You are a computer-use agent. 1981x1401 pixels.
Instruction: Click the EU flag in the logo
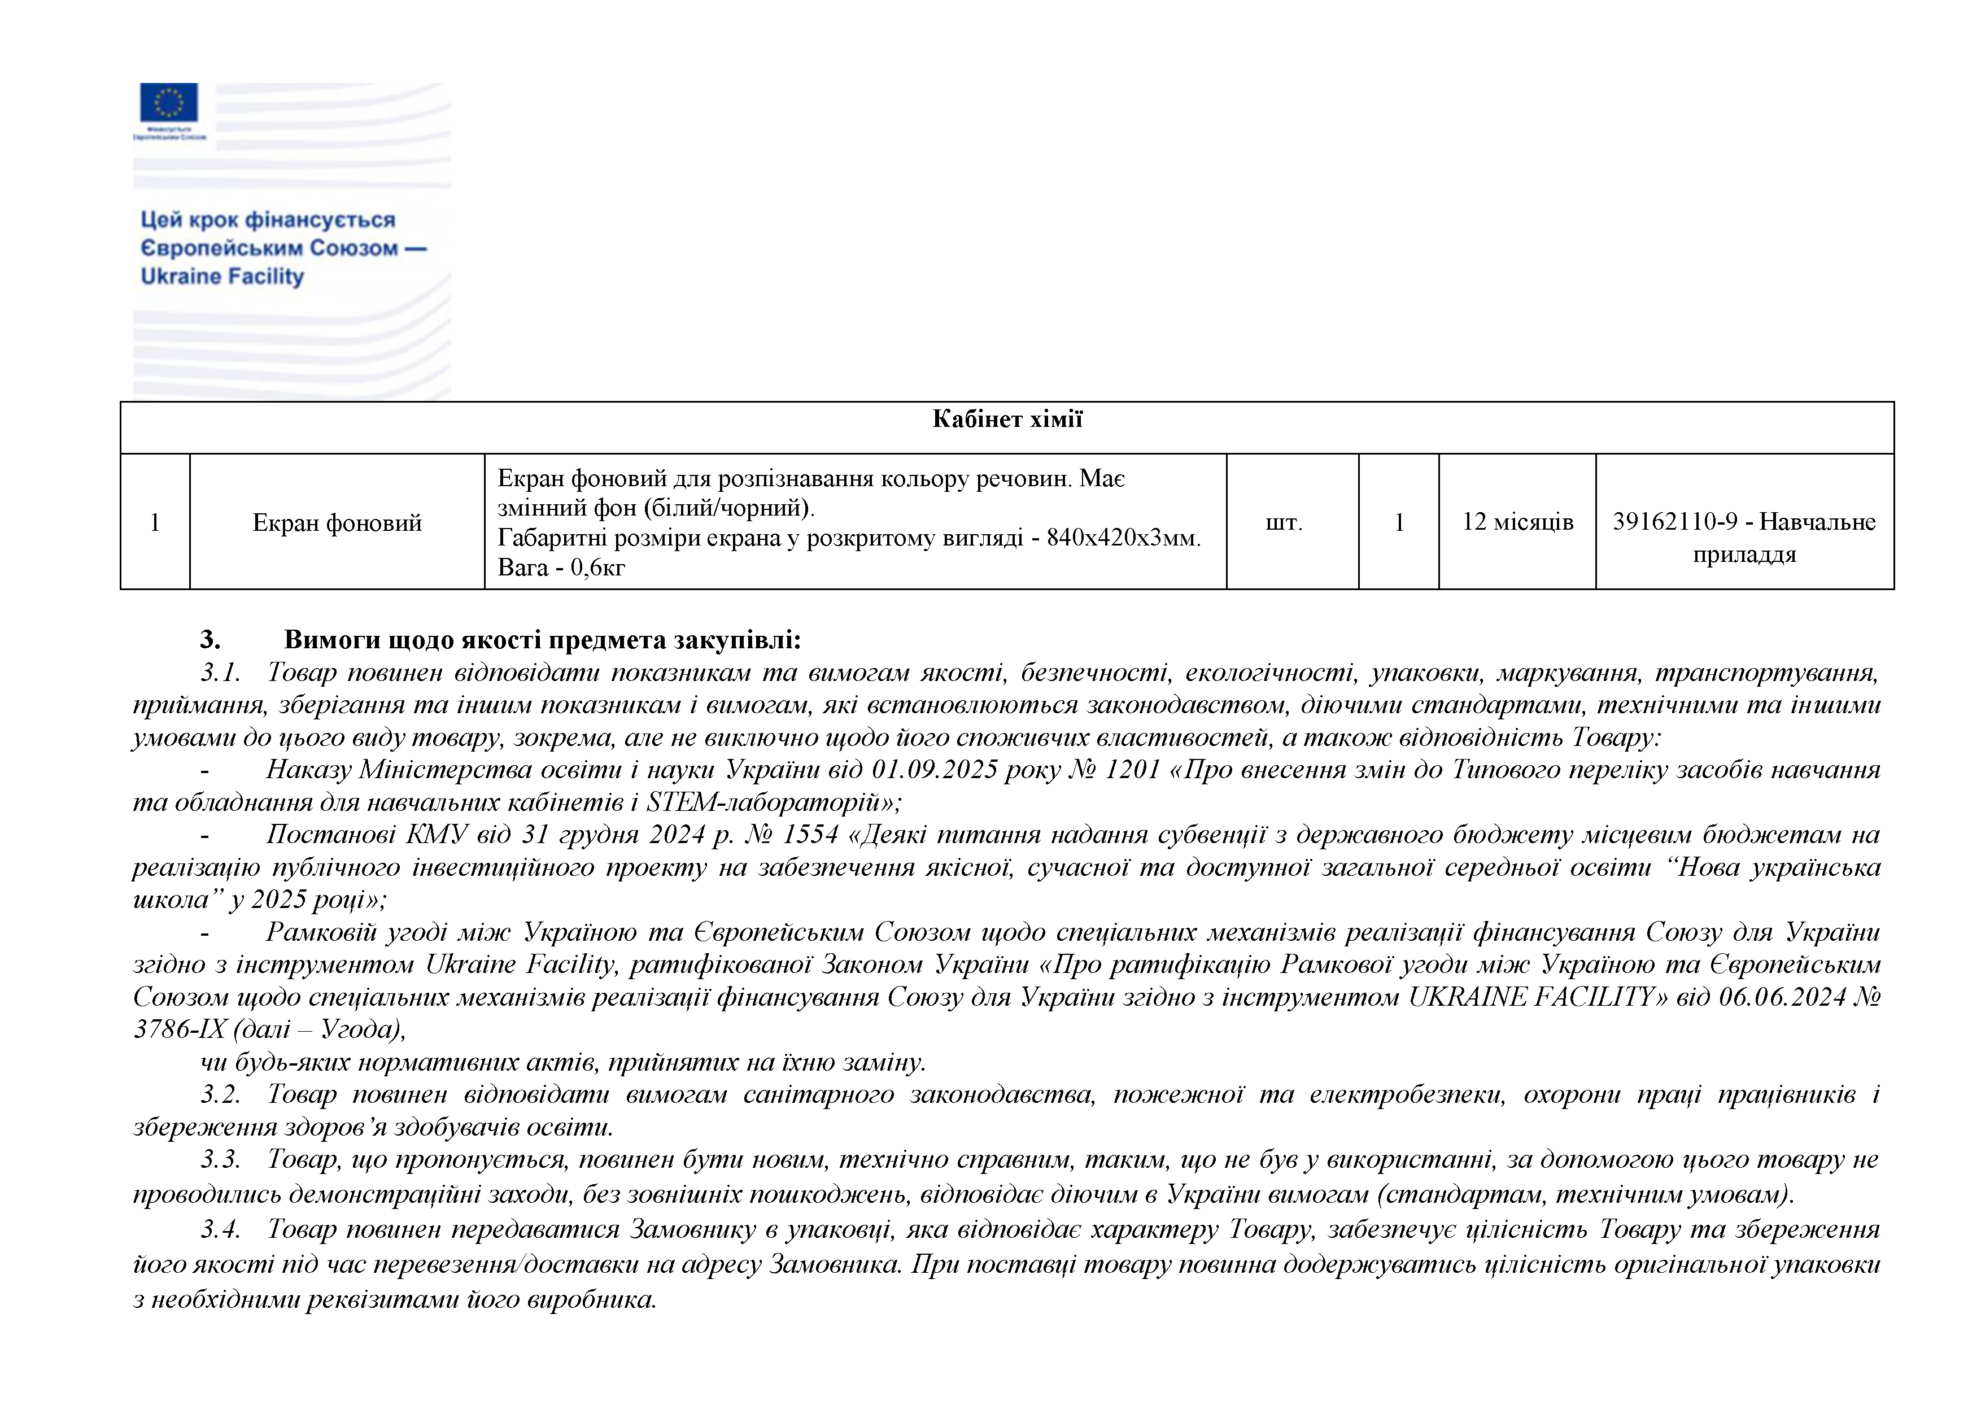(x=169, y=102)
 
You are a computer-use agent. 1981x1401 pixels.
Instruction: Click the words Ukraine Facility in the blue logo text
(x=222, y=276)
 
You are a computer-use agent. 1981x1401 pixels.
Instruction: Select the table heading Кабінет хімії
(x=1007, y=419)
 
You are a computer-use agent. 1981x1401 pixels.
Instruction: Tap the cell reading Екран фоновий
(x=337, y=523)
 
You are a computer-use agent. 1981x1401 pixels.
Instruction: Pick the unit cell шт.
(x=1284, y=523)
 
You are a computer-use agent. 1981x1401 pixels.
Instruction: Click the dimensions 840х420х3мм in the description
(x=1122, y=538)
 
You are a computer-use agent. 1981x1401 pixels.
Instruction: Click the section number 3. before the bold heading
(x=210, y=640)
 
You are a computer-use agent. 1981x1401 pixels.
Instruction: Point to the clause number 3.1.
(x=220, y=672)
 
